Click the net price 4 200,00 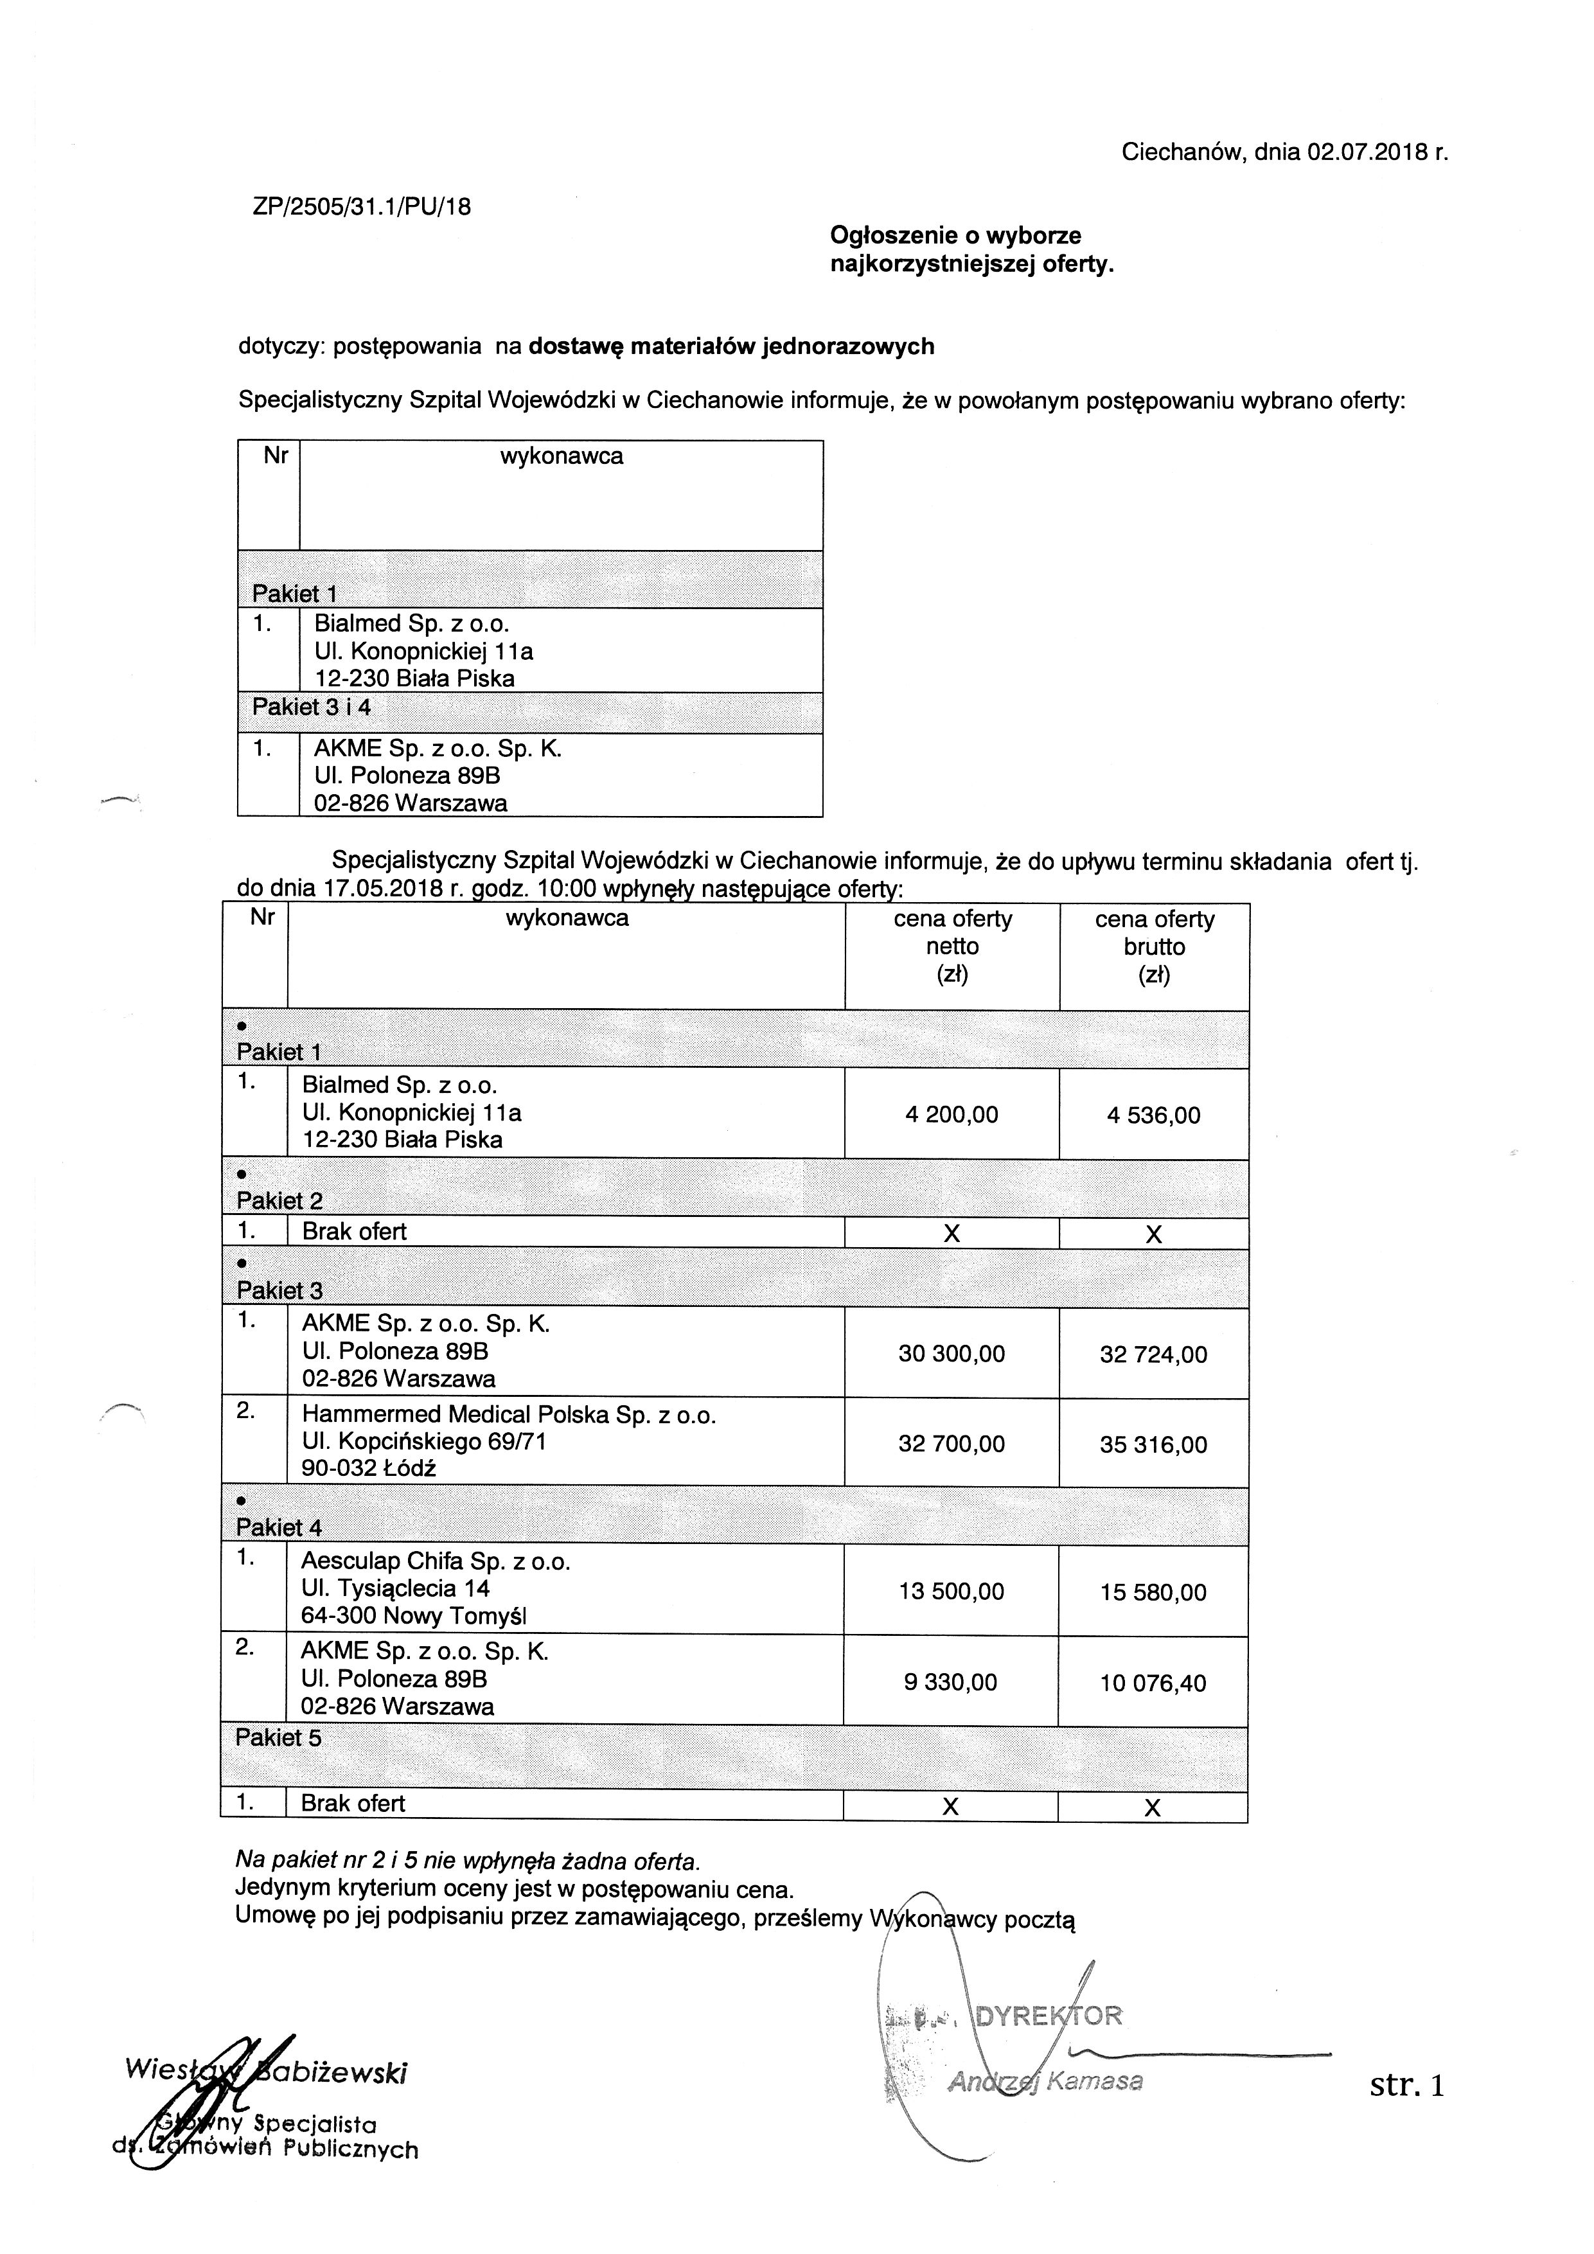click(x=951, y=1114)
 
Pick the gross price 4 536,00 click(x=1153, y=1115)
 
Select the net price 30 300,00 click(x=951, y=1354)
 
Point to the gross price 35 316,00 click(x=1153, y=1444)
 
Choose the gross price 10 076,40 click(x=1153, y=1683)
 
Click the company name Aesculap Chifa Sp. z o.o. click(x=436, y=1561)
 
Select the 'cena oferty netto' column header click(x=952, y=946)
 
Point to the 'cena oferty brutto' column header click(x=1155, y=946)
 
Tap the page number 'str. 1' click(x=1406, y=2085)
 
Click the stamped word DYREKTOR click(x=1047, y=2016)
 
